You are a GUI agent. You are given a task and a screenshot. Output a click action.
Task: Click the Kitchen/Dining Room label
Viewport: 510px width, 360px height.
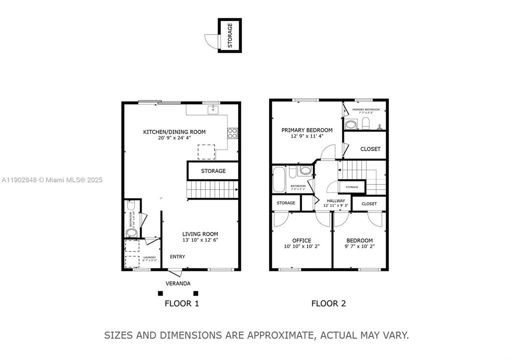[x=174, y=132]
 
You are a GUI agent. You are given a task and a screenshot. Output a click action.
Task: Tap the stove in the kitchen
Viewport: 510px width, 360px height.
[x=233, y=133]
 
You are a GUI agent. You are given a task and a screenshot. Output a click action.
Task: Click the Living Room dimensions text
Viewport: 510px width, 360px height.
[x=200, y=240]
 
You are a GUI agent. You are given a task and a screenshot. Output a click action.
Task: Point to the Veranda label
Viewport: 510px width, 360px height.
[x=178, y=283]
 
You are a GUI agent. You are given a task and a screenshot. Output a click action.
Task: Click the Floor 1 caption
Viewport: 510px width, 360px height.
[x=182, y=303]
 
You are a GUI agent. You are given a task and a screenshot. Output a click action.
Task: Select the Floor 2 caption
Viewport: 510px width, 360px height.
[x=328, y=303]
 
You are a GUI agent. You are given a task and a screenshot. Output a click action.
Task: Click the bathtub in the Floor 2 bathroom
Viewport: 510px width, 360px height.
[x=279, y=179]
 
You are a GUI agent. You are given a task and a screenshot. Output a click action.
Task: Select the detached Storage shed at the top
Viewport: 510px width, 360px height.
[x=230, y=35]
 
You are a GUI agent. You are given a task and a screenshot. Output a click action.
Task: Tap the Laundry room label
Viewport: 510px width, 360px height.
[x=150, y=257]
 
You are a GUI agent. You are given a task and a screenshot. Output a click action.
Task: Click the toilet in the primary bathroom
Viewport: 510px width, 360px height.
[x=365, y=123]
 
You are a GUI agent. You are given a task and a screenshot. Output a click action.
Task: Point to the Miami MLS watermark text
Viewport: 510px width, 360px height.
[x=52, y=179]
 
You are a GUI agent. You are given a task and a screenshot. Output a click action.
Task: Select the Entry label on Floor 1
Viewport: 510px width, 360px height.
[x=177, y=256]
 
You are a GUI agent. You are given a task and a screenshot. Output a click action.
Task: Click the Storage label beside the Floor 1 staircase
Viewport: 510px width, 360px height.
[x=213, y=171]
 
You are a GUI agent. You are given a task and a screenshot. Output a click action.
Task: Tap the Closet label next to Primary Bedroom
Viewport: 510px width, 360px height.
[x=370, y=149]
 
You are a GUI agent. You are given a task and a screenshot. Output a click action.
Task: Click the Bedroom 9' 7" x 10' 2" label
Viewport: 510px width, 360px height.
[x=359, y=240]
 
